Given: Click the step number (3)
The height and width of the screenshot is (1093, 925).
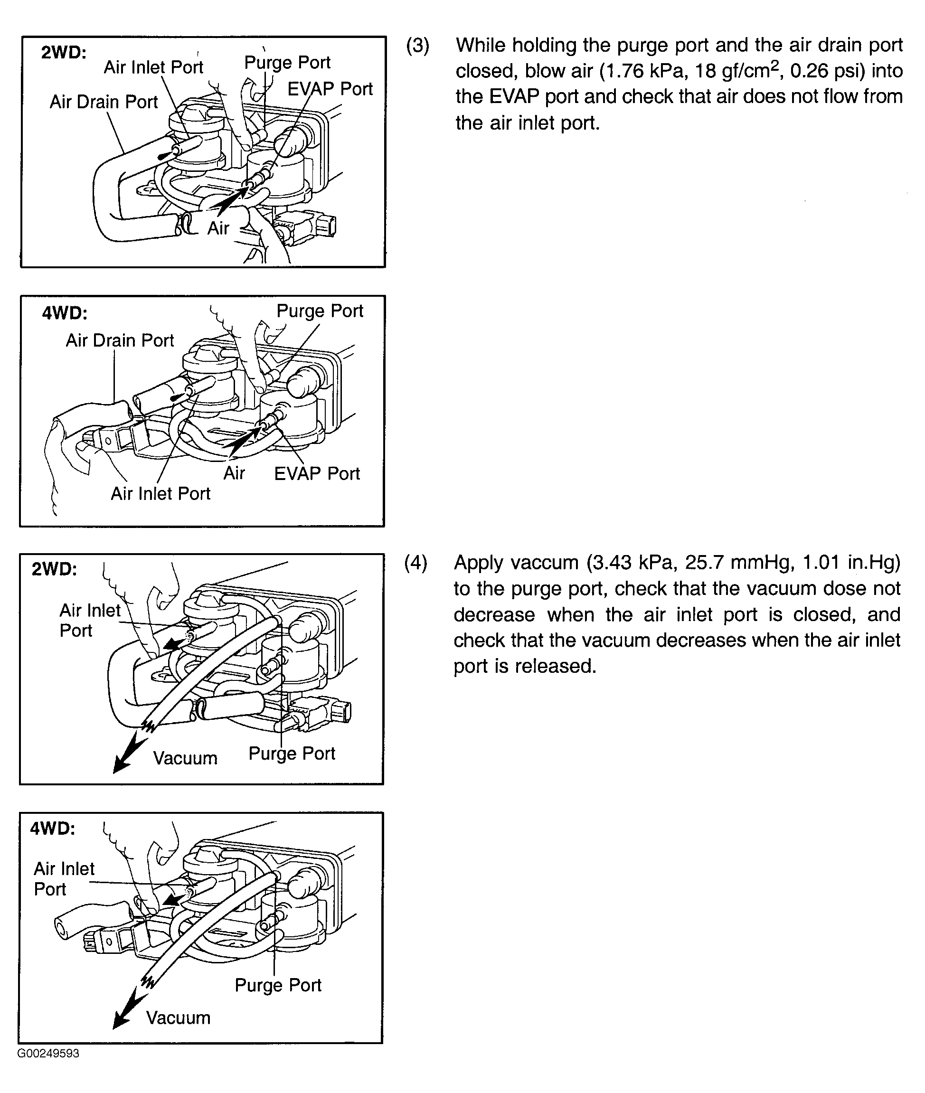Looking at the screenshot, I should (x=417, y=46).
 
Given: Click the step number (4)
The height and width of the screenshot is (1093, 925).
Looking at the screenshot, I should (x=415, y=563).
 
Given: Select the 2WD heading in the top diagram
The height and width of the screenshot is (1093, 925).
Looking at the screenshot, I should (x=64, y=53).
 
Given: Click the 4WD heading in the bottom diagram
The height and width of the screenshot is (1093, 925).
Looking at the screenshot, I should (x=52, y=828).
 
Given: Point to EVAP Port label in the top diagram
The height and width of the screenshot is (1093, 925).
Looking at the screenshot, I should (x=330, y=89).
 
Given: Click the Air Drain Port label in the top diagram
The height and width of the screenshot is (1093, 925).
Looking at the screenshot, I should (x=104, y=102).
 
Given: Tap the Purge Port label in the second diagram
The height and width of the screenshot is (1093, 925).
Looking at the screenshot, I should (x=320, y=311).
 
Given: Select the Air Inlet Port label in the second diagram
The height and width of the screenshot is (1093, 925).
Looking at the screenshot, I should (x=160, y=493).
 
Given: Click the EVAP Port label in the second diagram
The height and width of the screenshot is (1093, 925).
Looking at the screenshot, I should (x=317, y=473).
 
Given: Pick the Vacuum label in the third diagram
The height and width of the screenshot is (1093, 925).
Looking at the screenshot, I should (x=185, y=758).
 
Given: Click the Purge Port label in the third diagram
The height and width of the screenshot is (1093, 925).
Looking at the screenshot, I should (x=292, y=754).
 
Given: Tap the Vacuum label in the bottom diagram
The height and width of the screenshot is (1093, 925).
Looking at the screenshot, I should (x=178, y=1018).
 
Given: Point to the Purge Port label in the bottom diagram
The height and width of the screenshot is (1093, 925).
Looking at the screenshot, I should (x=277, y=985).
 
